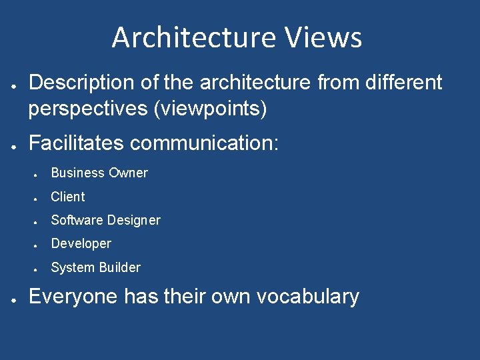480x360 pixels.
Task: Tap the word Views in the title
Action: click(x=323, y=38)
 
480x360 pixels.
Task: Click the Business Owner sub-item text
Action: click(x=99, y=173)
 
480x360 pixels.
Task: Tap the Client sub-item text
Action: click(x=68, y=197)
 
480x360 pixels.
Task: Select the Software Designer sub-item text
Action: click(x=105, y=220)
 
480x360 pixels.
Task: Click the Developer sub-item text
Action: click(x=81, y=243)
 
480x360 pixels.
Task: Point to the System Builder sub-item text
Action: click(x=95, y=267)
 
